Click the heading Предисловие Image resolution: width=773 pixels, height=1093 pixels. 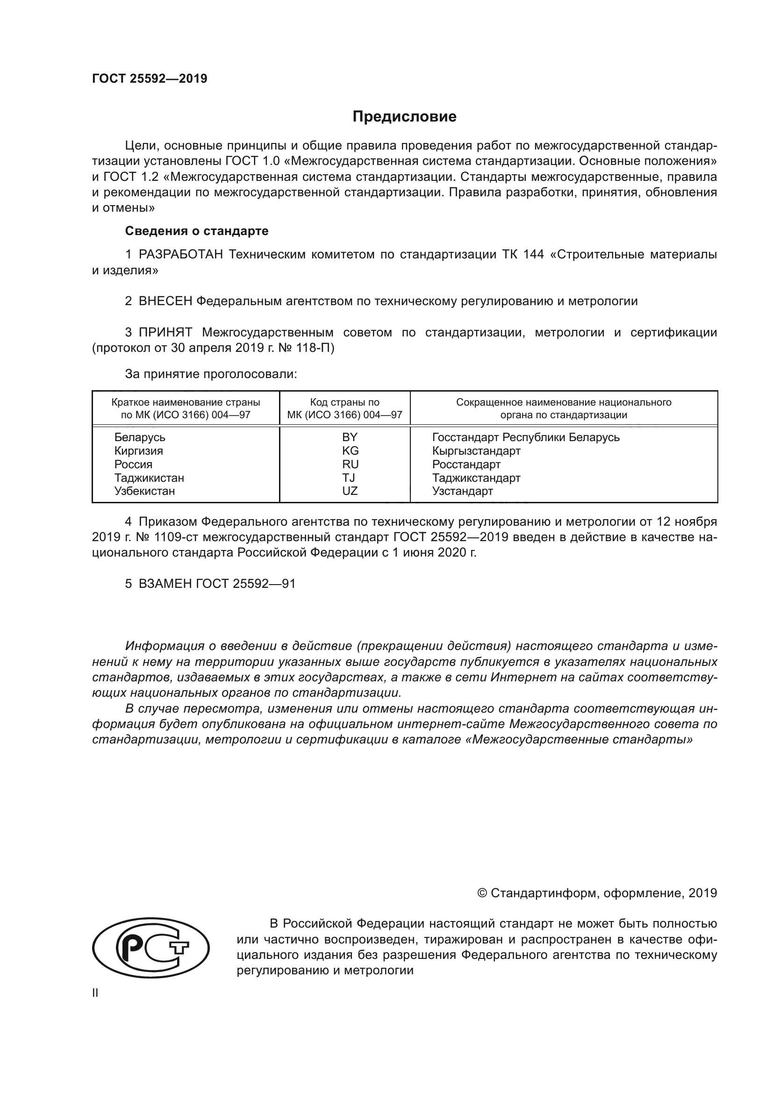click(x=404, y=117)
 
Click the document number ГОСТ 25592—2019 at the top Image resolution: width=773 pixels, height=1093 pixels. click(x=150, y=79)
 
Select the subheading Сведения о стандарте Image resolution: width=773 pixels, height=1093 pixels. click(x=197, y=231)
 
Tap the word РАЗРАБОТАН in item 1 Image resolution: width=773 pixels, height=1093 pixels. click(x=180, y=255)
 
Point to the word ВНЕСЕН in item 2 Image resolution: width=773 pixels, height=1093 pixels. click(x=165, y=301)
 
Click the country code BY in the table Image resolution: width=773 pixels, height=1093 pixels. click(x=350, y=437)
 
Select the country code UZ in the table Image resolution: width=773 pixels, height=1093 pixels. click(x=350, y=491)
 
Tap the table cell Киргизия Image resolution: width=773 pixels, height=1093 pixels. click(x=138, y=450)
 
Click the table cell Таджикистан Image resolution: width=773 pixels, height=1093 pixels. click(x=149, y=478)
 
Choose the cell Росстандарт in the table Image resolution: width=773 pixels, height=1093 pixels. click(x=466, y=464)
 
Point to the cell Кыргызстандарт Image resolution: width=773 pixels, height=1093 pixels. click(x=476, y=450)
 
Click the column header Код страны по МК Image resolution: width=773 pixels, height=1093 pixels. click(x=344, y=408)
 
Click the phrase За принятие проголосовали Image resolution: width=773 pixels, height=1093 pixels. click(x=211, y=374)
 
